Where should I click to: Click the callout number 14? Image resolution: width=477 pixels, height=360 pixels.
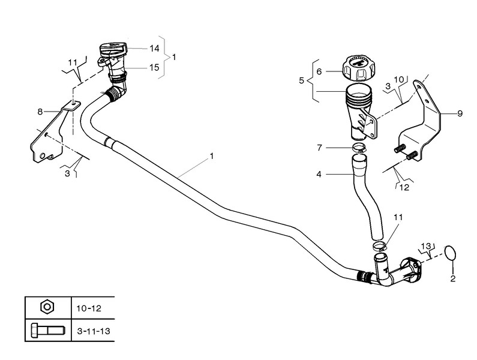pos(154,49)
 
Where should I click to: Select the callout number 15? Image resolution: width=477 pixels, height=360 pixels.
pos(154,67)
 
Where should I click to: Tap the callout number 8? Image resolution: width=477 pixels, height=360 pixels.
pos(40,112)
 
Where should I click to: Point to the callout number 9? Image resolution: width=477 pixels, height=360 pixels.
pos(460,113)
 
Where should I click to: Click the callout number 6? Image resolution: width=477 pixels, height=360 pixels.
pos(319,72)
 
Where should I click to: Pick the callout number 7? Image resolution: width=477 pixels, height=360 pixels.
pos(319,148)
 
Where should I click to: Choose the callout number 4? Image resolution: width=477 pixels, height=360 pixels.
pos(319,175)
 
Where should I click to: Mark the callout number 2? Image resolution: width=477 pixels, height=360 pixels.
pos(453,278)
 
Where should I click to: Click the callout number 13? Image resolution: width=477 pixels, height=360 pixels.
pos(426,245)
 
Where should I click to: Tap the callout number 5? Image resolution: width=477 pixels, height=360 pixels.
pos(301,81)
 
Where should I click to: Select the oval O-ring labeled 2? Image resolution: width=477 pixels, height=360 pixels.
pos(451,253)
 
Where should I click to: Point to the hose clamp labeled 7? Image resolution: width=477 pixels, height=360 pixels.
pos(359,148)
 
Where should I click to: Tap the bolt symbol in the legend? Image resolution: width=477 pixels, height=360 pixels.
pos(47,331)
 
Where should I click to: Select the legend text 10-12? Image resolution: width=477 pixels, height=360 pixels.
pos(89,308)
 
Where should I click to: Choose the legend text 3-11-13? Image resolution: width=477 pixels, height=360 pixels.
pos(94,331)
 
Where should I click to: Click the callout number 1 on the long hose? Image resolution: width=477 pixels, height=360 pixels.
pos(211,156)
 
